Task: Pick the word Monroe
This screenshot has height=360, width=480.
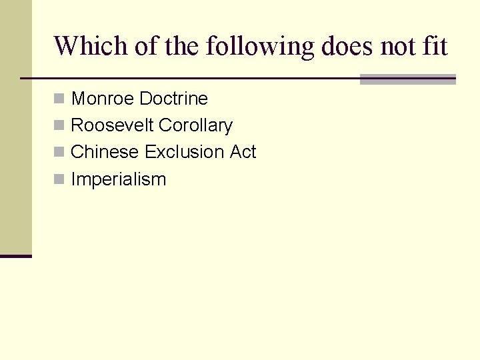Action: click(x=103, y=99)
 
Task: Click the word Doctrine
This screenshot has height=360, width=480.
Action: click(x=174, y=99)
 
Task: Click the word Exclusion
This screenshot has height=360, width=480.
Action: click(x=185, y=152)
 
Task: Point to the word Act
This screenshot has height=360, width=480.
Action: click(x=243, y=152)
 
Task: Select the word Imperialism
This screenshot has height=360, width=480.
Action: click(x=118, y=179)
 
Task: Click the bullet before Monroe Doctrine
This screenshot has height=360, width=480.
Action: click(x=59, y=99)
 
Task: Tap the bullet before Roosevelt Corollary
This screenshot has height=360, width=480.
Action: click(x=59, y=126)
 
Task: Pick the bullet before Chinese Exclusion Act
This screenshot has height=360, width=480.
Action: click(x=59, y=153)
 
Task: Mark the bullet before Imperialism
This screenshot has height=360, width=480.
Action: click(x=59, y=179)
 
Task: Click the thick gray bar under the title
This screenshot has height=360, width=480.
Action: click(x=407, y=79)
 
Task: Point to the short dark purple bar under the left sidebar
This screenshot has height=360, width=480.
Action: click(x=16, y=256)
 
